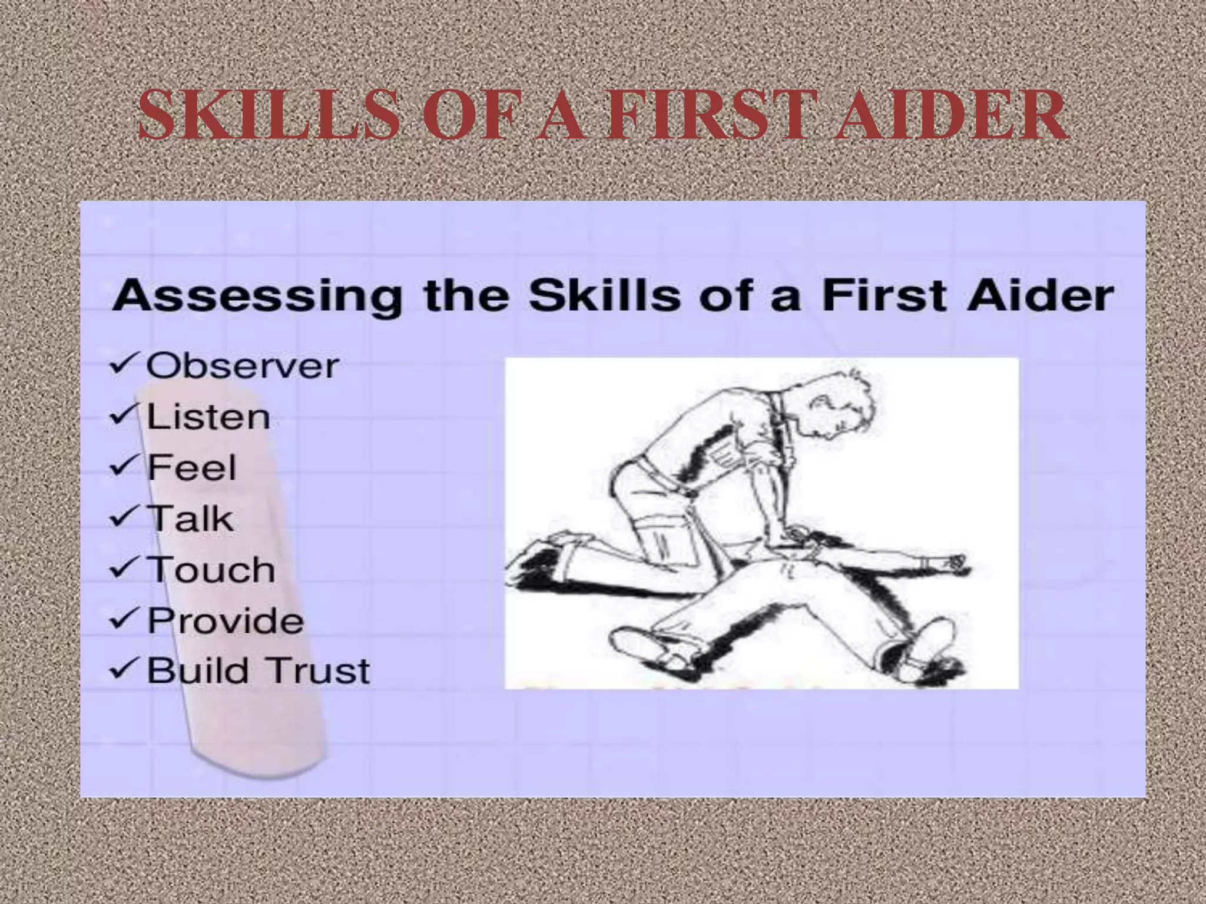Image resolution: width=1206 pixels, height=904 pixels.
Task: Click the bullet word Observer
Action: tap(243, 366)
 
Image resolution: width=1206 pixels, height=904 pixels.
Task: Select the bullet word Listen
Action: tap(208, 417)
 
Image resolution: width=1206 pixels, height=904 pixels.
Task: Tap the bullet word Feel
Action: tap(191, 468)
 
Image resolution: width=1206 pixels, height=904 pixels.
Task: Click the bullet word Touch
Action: tap(211, 570)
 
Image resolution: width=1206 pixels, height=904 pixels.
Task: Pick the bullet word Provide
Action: tap(226, 620)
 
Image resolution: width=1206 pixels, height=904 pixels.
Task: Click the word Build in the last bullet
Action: tap(198, 671)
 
